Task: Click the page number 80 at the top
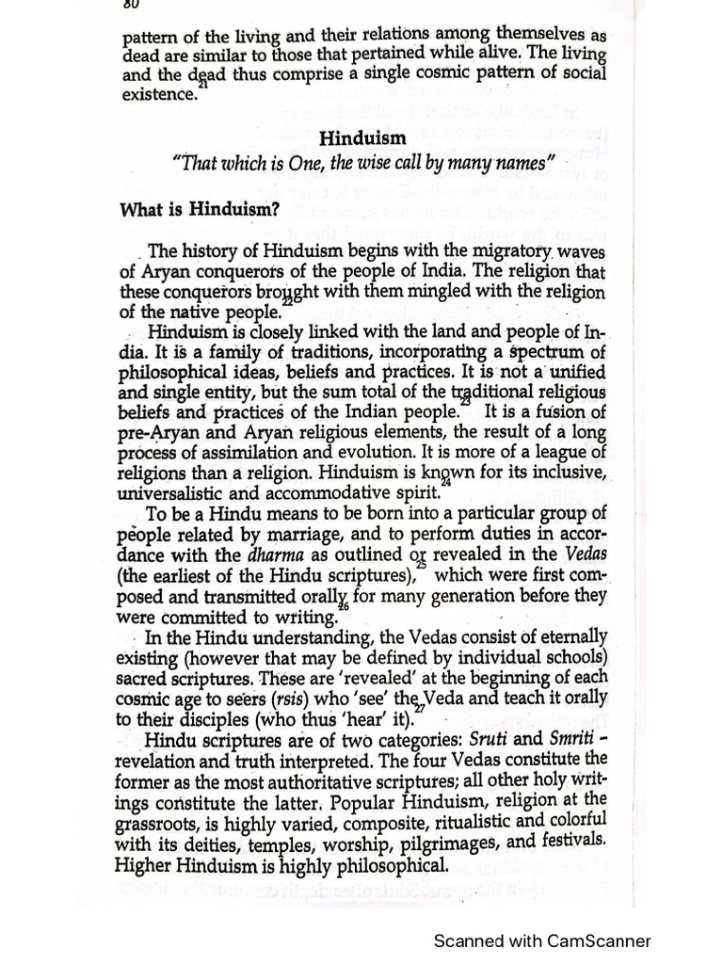[131, 5]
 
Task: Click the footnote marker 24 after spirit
[446, 482]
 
